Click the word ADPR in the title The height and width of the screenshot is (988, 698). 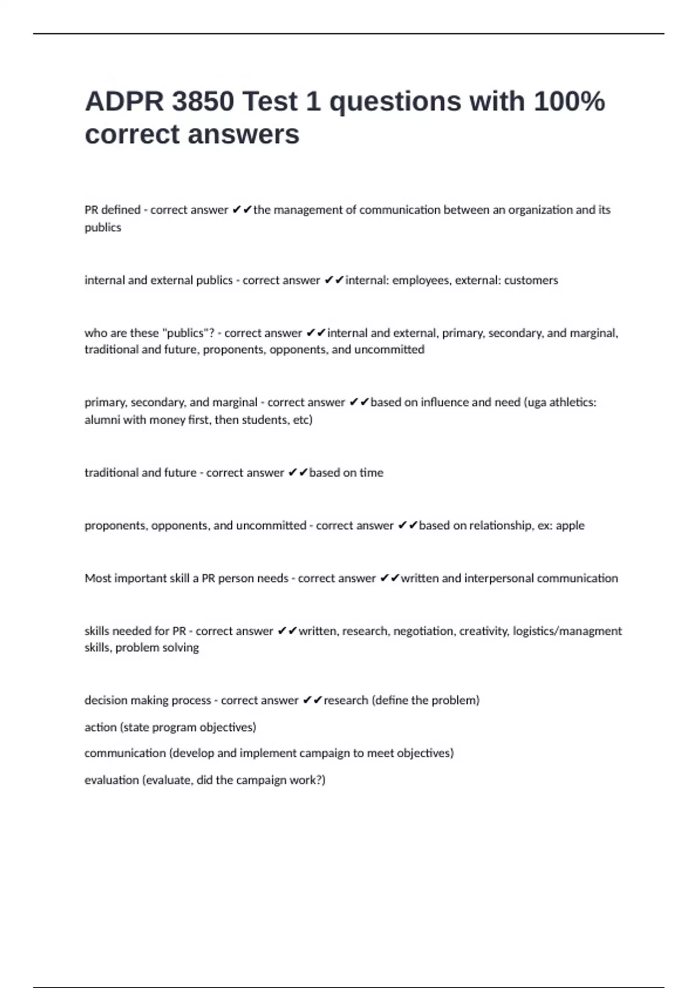pyautogui.click(x=124, y=102)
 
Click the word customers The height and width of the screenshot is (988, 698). pyautogui.click(x=530, y=280)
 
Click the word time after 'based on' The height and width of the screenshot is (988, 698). pyautogui.click(x=371, y=472)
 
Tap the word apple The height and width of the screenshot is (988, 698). pyautogui.click(x=570, y=525)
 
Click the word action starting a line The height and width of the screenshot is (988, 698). pyautogui.click(x=100, y=727)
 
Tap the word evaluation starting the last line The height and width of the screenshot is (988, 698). pyautogui.click(x=111, y=780)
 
